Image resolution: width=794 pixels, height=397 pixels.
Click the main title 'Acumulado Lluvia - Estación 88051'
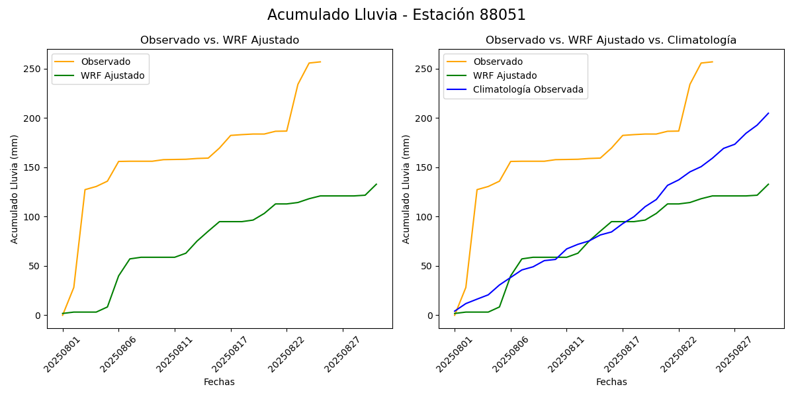(396, 15)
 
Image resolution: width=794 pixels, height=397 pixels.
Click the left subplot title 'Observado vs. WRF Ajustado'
(220, 40)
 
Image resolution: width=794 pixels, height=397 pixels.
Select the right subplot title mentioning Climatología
(611, 40)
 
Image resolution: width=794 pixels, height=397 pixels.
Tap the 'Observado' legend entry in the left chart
(105, 62)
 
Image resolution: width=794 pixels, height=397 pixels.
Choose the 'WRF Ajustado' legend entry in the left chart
(112, 75)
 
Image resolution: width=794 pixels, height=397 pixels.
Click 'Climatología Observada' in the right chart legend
(528, 90)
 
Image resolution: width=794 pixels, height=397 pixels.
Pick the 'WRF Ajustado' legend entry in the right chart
(504, 75)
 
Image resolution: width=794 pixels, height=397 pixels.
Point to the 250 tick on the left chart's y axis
(33, 69)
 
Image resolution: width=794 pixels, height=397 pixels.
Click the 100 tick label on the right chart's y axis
(425, 217)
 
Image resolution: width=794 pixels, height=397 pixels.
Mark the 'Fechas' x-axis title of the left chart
(219, 382)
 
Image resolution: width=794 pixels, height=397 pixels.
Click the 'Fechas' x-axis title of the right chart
(611, 382)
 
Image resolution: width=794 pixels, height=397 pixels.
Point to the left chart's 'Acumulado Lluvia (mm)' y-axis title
(15, 189)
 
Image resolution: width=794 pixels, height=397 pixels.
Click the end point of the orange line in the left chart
(320, 62)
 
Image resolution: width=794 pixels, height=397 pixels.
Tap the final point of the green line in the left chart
(376, 184)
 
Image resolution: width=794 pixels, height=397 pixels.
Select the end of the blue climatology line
(768, 113)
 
